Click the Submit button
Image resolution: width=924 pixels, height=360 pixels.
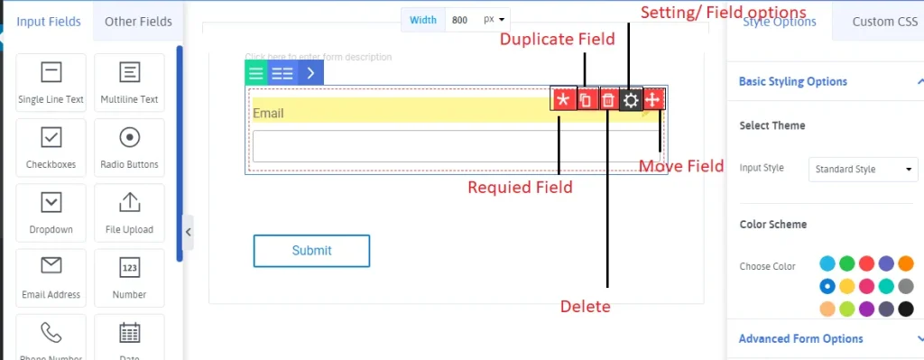(x=311, y=251)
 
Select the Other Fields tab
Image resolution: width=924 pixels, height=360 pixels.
(x=138, y=22)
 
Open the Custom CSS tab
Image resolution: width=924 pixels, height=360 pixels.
(x=884, y=22)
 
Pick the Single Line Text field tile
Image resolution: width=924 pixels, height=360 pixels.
(x=51, y=82)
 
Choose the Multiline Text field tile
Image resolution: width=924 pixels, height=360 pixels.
(x=129, y=82)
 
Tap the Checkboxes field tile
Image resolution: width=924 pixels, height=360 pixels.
(x=51, y=147)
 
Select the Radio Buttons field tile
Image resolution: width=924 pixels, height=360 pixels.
(x=129, y=147)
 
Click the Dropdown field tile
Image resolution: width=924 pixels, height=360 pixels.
(x=51, y=212)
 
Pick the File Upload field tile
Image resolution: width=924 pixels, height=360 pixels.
(x=129, y=212)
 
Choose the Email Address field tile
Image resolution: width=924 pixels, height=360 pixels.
(x=51, y=277)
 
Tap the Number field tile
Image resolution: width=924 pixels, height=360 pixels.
(x=129, y=277)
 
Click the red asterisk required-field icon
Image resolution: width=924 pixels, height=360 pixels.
(x=563, y=99)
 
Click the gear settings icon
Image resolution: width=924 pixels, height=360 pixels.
(x=631, y=100)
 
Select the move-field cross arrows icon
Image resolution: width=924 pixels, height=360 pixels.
(x=654, y=99)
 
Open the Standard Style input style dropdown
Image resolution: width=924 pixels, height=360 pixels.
(x=863, y=169)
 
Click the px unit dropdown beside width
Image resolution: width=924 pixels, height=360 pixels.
(x=495, y=19)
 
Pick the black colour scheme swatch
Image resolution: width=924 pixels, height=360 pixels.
(x=906, y=309)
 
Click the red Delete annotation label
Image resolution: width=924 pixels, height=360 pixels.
(x=585, y=307)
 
